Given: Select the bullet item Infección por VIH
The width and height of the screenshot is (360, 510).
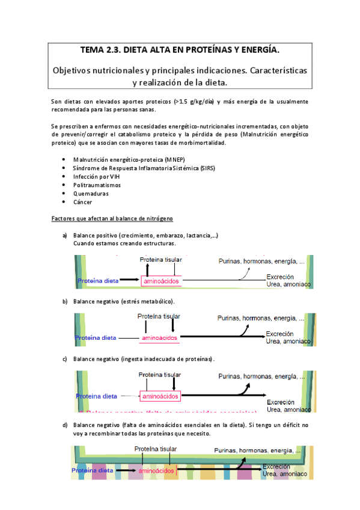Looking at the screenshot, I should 97,177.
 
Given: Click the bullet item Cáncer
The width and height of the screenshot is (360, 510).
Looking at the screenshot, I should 83,202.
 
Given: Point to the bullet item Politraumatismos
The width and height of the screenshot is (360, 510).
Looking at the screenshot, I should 97,185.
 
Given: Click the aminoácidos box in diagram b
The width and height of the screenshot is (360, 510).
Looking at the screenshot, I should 160,338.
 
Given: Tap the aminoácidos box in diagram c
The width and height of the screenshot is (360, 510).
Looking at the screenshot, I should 159,396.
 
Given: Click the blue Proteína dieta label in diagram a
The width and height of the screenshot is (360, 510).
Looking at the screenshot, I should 97,280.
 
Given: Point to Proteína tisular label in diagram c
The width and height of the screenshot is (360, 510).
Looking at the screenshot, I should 160,375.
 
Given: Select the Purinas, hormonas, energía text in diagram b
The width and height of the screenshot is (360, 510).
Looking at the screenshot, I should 261,318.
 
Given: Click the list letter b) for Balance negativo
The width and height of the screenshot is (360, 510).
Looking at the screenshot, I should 65,301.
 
